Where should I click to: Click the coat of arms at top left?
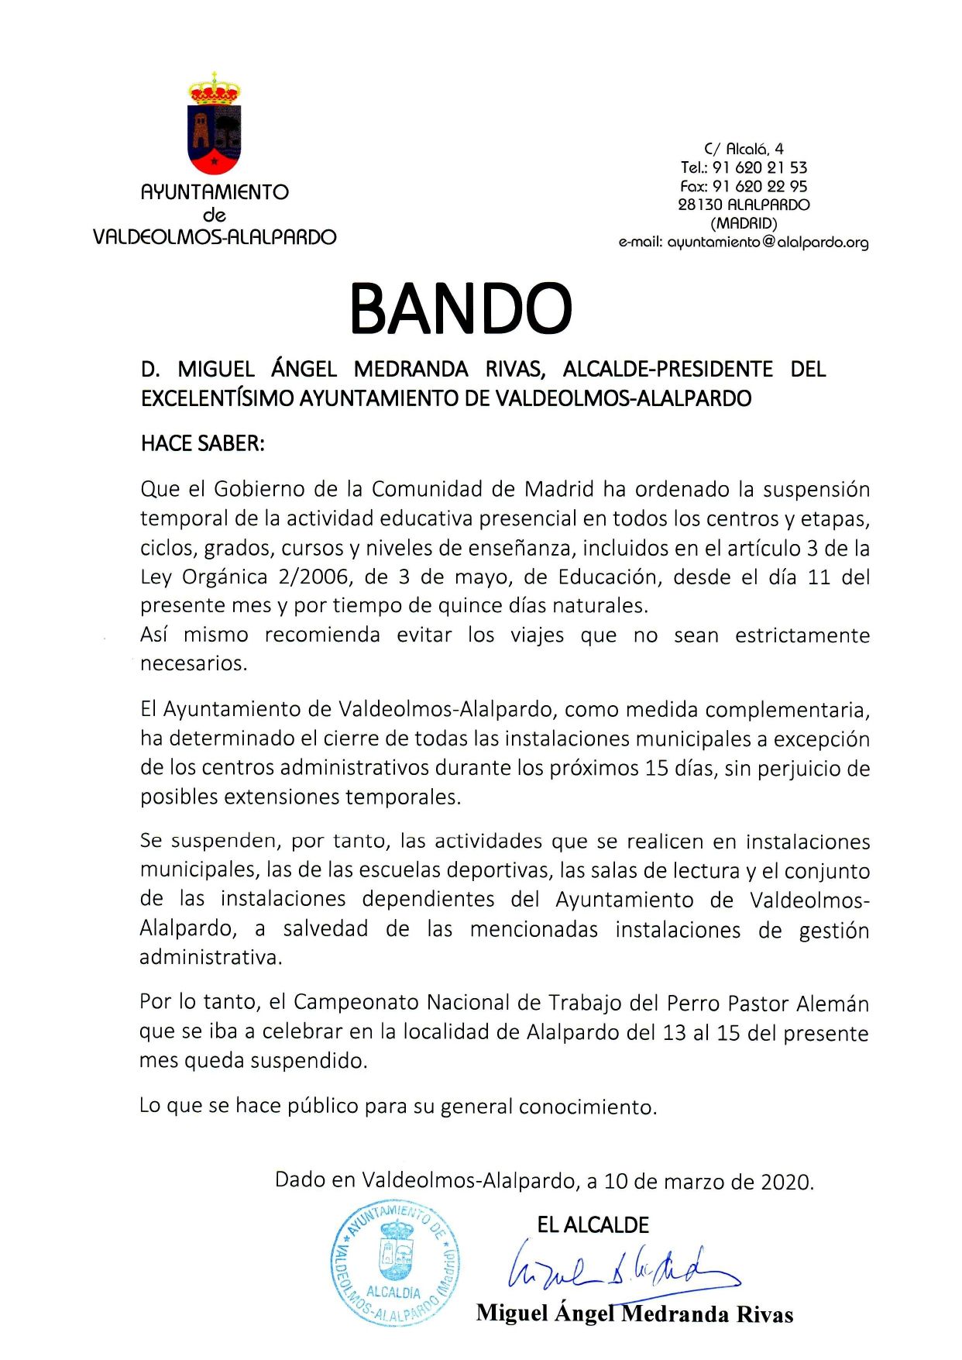[215, 124]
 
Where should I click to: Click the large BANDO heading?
[461, 308]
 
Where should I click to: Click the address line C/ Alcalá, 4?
[744, 149]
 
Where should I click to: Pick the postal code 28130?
[699, 205]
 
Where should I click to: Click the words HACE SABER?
[203, 443]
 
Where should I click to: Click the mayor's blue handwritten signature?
[620, 1268]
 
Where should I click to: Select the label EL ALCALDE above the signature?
[593, 1225]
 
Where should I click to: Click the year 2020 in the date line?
[785, 1182]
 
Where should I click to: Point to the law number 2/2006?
[304, 577]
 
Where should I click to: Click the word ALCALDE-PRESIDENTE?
[668, 369]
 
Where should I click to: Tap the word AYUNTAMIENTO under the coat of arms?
[215, 192]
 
